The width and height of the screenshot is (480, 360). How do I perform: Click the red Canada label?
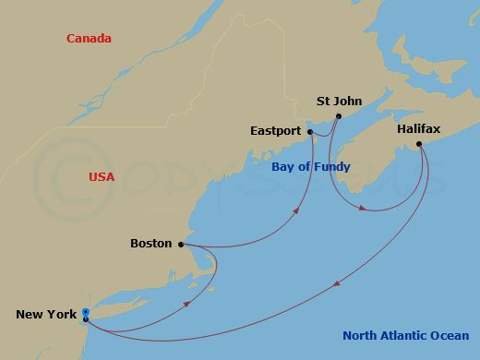coord(89,39)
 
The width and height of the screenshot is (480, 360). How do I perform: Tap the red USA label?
coord(102,176)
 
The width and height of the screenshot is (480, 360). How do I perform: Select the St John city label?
coord(339,102)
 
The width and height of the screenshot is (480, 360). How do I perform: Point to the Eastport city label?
coord(275,131)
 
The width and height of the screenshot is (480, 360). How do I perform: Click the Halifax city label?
coord(417,130)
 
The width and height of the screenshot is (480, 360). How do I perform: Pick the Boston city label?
coord(150,244)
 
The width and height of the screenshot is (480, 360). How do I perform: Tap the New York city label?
coord(46,315)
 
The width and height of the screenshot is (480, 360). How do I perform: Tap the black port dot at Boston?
coord(180,245)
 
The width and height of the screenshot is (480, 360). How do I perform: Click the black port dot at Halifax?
coord(418,144)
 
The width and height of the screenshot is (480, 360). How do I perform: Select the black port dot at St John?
coord(339,116)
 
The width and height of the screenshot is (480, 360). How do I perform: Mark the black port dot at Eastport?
coord(310,132)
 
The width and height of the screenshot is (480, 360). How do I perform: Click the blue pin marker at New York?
coord(85,314)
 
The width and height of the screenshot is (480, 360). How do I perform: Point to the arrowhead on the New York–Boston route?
coord(189,303)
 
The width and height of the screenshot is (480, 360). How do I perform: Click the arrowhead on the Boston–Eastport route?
coord(297,210)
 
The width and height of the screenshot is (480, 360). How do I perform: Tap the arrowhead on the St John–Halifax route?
coord(367,209)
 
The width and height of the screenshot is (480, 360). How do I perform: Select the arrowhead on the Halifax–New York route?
coord(335,283)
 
